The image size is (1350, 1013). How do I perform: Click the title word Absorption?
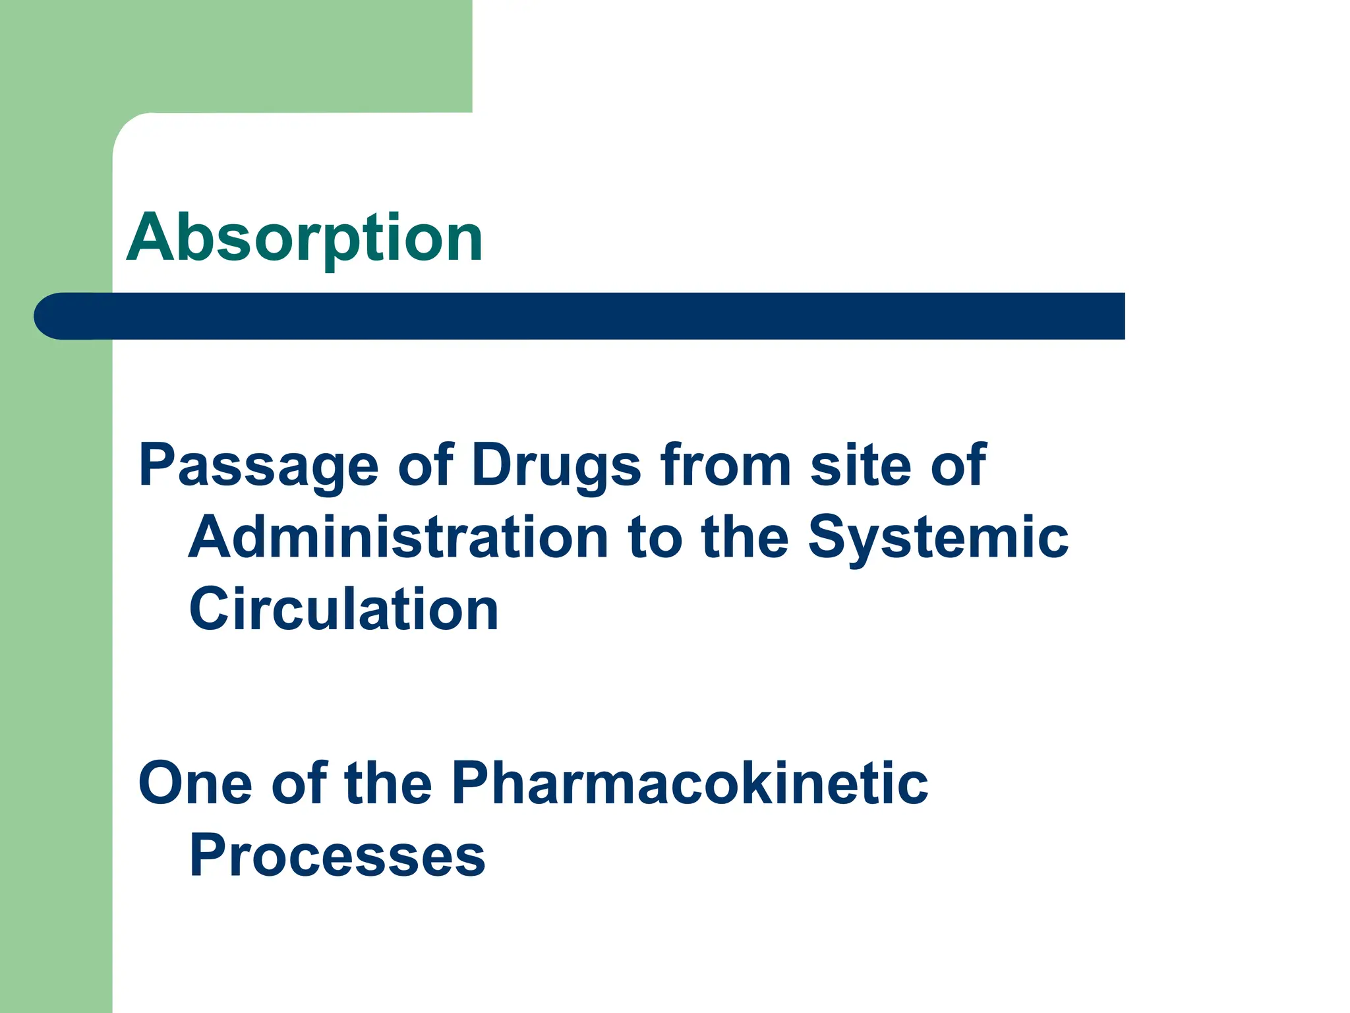coord(305,239)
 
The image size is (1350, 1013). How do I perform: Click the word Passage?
coord(258,466)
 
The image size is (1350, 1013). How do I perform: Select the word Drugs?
coord(556,466)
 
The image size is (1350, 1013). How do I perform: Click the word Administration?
coord(398,537)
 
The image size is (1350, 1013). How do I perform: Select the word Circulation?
coord(343,609)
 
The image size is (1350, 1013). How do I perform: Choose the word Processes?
coord(337,855)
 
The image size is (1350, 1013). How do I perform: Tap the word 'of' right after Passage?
coord(426,465)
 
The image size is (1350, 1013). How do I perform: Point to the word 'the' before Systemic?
coord(745,537)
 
